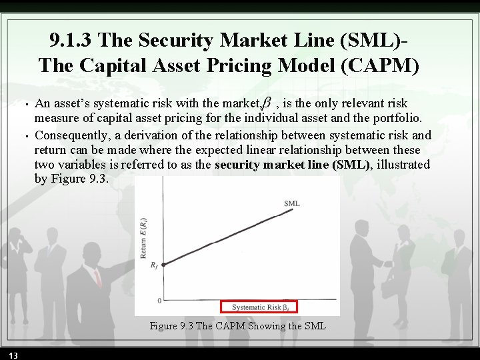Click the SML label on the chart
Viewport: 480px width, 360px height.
(292, 203)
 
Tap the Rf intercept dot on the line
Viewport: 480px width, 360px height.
(164, 264)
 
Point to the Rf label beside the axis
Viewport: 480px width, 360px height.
(154, 265)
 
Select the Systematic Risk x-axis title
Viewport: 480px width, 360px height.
(259, 307)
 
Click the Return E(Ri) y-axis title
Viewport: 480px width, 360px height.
(143, 237)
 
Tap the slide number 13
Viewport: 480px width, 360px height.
(13, 353)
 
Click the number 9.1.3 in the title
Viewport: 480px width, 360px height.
(73, 41)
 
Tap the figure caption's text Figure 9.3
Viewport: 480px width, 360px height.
(171, 326)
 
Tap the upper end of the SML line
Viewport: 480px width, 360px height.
(292, 209)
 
